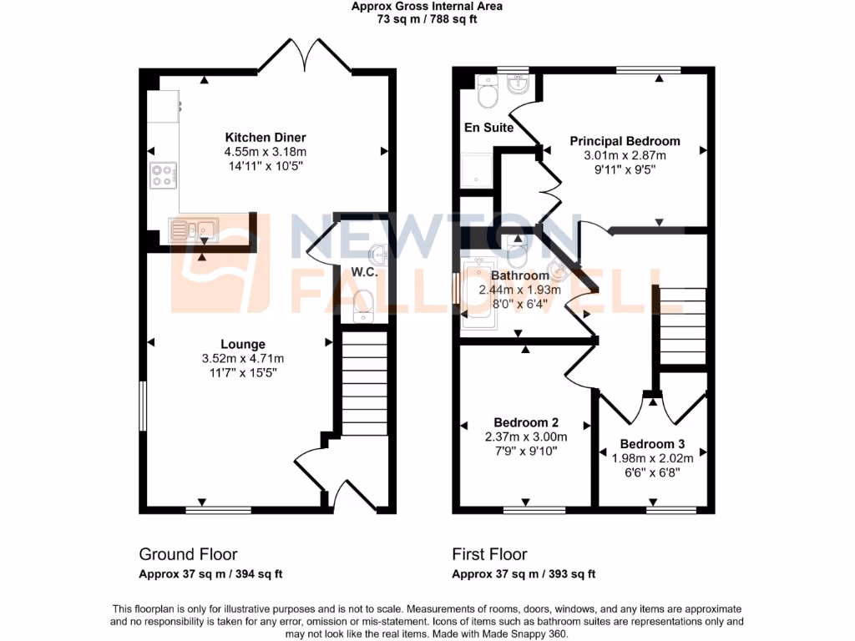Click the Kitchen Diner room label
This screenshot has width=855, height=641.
(266, 138)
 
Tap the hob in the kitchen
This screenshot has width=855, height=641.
(161, 175)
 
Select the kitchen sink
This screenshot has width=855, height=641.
(192, 229)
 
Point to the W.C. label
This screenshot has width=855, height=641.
(365, 272)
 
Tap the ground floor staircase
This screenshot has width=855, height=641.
(364, 384)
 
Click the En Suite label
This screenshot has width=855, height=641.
(488, 128)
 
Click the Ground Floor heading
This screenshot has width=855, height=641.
(188, 554)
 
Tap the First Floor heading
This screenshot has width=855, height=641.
(489, 554)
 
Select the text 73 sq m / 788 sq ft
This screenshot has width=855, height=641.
(427, 18)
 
